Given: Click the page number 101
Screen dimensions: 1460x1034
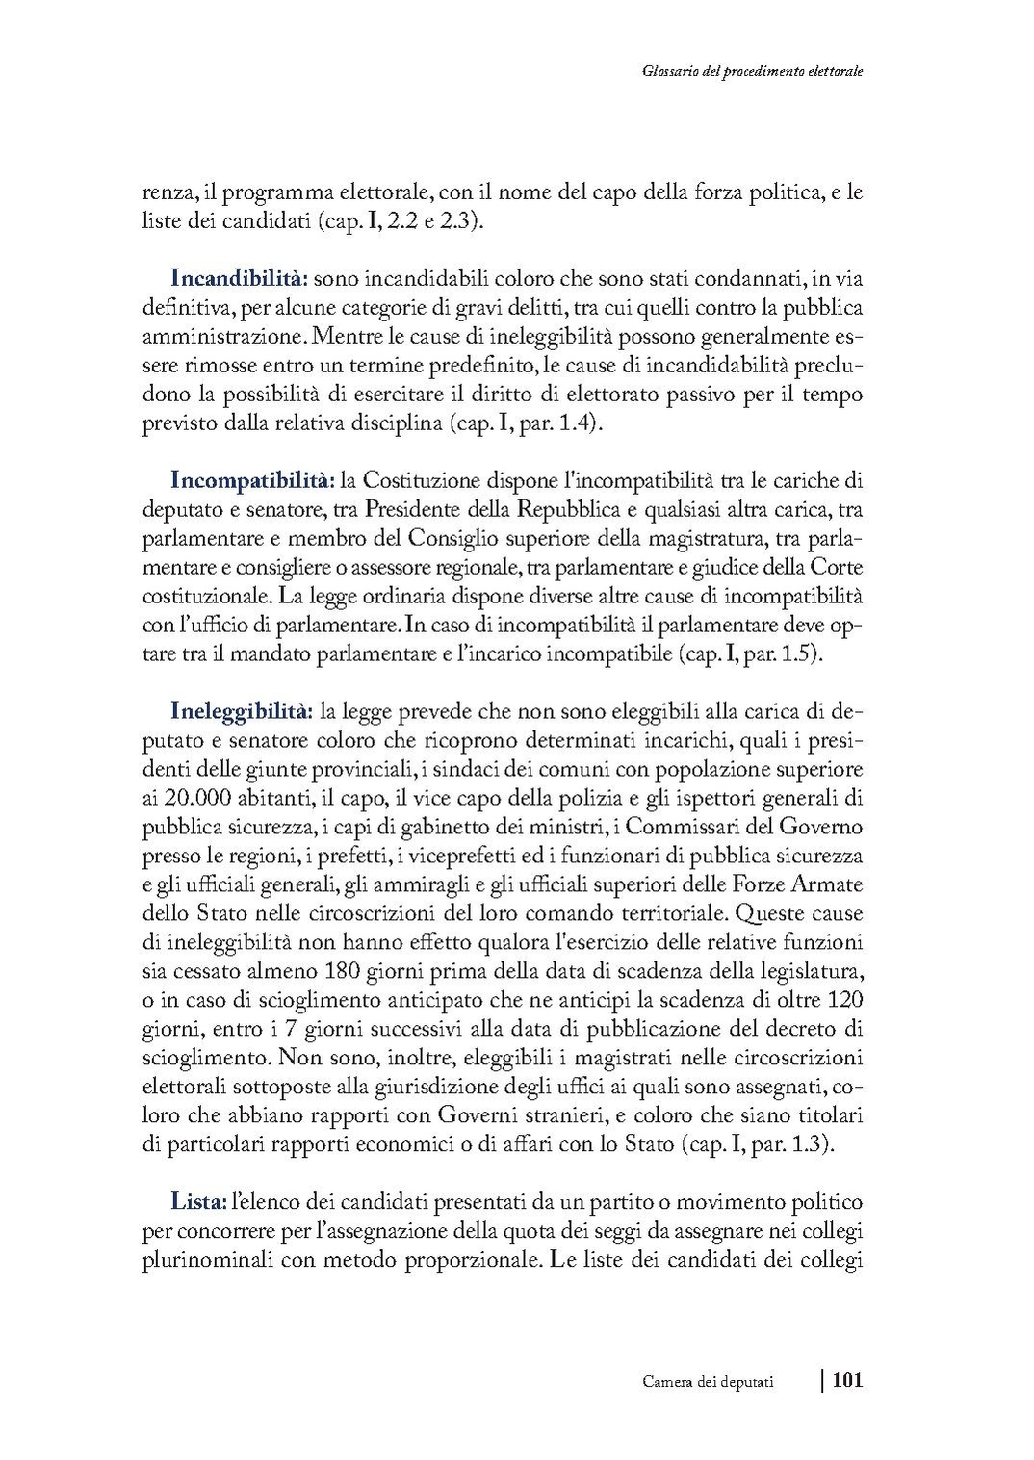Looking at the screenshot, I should [846, 1380].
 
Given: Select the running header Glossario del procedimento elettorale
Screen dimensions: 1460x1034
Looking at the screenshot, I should [749, 71].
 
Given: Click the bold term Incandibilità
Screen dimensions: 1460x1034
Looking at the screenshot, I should [239, 278].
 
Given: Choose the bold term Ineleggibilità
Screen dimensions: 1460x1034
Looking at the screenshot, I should [242, 711].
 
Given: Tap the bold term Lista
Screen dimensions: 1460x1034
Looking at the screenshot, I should [198, 1202].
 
